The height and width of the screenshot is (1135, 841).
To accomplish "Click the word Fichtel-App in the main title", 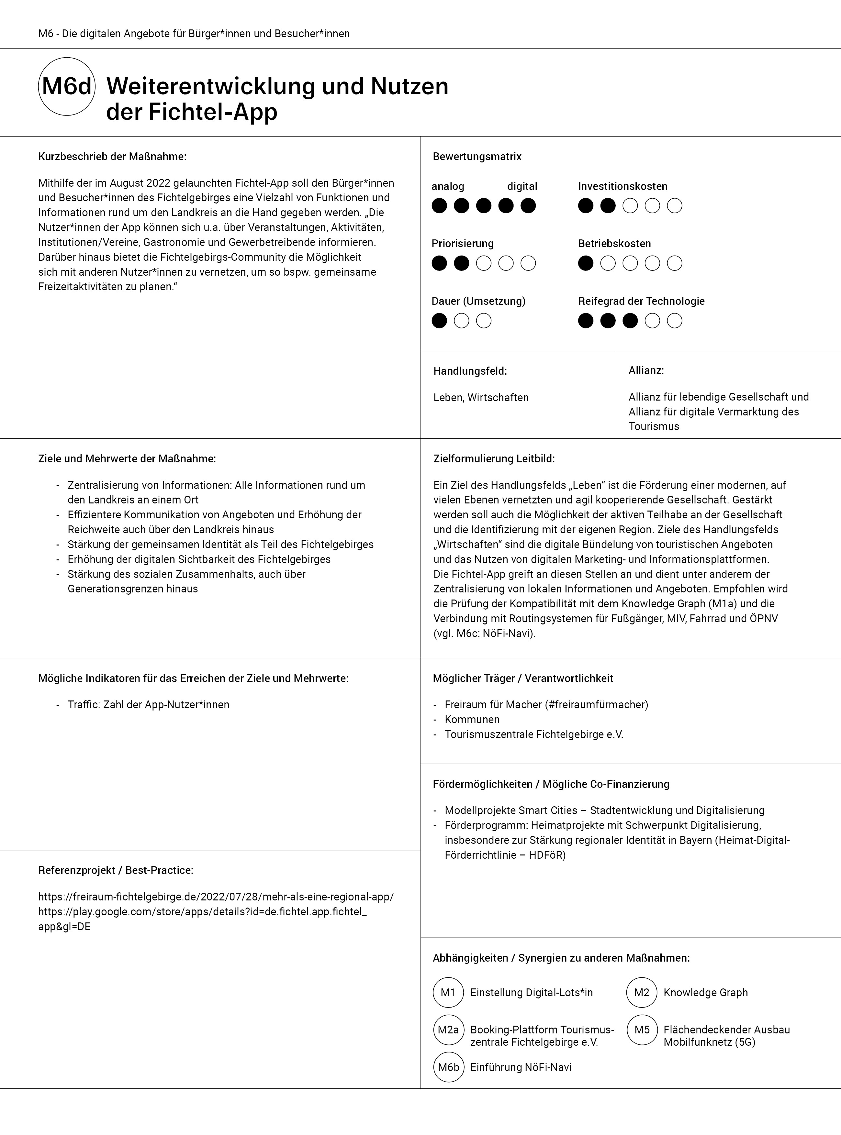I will pos(213,112).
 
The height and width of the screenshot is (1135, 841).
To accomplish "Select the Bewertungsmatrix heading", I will pos(477,157).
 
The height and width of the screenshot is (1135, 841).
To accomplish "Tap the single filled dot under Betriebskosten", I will pos(586,263).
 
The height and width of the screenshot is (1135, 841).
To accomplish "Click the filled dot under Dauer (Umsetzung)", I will pos(439,321).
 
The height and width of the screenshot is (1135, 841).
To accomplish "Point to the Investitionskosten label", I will pos(622,186).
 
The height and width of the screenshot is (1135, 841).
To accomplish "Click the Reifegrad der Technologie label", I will pos(641,301).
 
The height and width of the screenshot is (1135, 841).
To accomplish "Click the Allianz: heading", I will pos(646,370).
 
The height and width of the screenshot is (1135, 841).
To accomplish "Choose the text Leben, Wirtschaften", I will pos(481,397).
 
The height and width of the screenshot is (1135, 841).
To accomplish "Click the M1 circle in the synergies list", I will pos(448,992).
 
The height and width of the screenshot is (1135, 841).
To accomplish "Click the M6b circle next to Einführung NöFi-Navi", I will pos(448,1067).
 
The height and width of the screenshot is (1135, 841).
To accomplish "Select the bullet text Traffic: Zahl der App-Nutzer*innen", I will pos(148,705).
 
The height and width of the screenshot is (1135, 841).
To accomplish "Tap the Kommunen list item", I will pos(472,719).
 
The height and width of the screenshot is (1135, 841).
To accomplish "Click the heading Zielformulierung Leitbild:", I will pos(494,459).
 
